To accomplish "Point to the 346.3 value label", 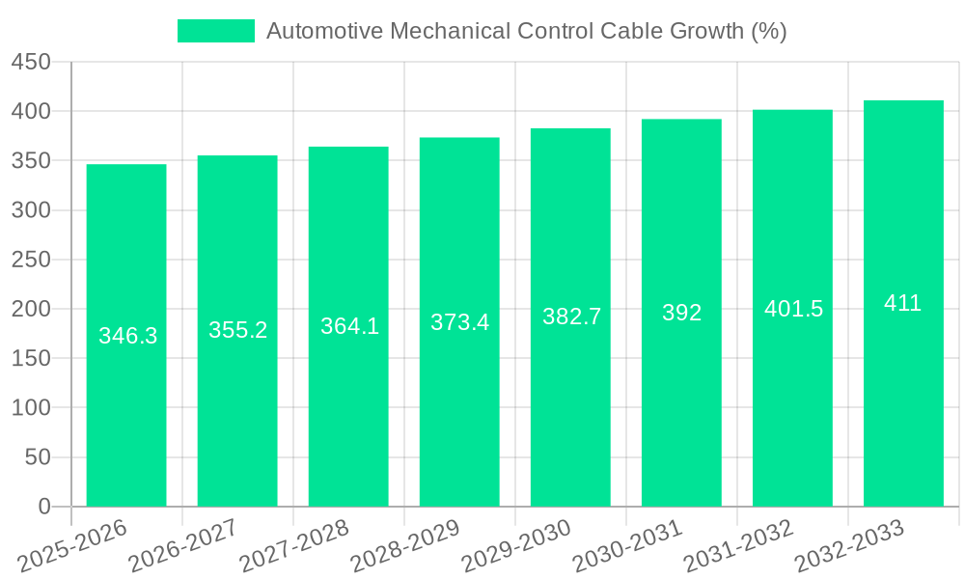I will point(127,336).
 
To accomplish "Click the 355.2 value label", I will point(237,330).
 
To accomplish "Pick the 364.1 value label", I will point(349,326).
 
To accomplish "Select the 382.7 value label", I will point(571,317).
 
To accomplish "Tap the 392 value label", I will point(681,313).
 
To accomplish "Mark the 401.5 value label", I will point(793,309).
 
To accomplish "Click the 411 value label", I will point(903,303).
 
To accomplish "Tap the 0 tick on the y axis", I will point(43,507).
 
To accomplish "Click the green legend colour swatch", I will point(216,31).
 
